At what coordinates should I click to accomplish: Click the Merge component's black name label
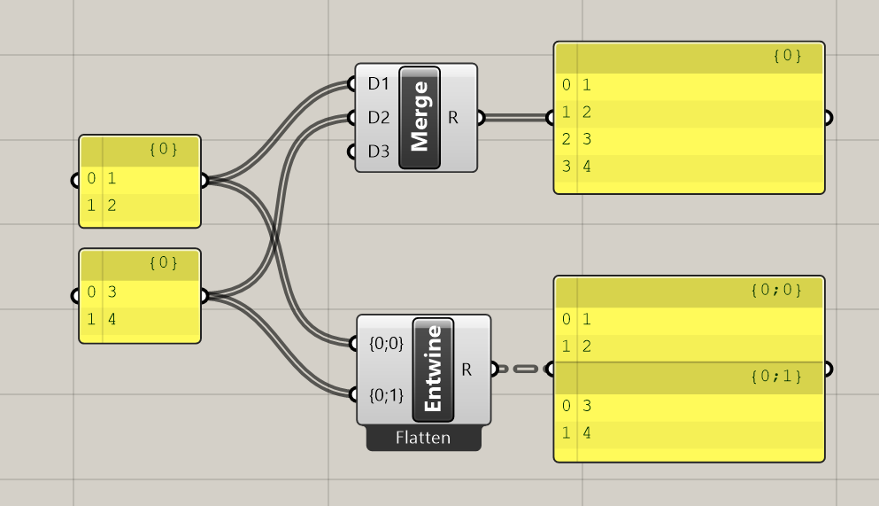coord(420,116)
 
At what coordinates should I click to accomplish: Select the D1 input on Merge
coord(378,84)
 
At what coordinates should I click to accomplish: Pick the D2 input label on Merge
coord(378,117)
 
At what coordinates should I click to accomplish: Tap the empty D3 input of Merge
coord(378,151)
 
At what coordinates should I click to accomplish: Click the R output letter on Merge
coord(453,117)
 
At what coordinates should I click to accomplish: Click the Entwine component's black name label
coord(433,370)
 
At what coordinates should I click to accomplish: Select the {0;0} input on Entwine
coord(385,344)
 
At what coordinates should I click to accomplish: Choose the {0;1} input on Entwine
coord(385,394)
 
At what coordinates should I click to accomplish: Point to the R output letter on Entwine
coord(466,369)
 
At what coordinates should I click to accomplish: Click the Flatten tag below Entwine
coord(423,438)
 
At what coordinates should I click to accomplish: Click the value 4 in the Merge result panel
coord(587,166)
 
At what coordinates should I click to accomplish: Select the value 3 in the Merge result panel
coord(587,139)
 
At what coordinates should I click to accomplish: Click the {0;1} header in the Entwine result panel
coord(775,377)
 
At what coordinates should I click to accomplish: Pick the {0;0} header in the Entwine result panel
coord(775,290)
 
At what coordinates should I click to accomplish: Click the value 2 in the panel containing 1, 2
coord(112,206)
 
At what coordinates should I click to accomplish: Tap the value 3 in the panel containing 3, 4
coord(112,292)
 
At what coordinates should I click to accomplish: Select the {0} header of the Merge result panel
coord(787,56)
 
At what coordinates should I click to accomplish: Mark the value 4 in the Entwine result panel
coord(587,434)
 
